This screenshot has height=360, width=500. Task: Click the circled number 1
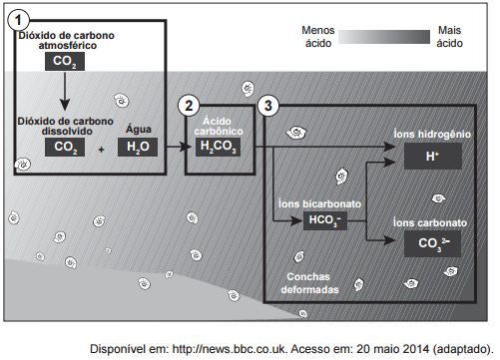[18, 20]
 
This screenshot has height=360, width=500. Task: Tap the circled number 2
[189, 106]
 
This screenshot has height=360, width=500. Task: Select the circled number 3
[268, 106]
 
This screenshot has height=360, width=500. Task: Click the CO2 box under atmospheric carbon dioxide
[65, 62]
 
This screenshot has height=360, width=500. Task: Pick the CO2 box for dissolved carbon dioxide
[65, 147]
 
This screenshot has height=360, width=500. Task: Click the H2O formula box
[138, 147]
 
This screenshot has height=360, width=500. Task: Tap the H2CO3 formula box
[218, 147]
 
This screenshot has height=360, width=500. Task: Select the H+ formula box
[433, 157]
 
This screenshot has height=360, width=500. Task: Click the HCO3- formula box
[325, 220]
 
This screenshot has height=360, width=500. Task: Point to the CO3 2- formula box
[432, 243]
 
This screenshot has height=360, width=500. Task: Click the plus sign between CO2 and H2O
[101, 150]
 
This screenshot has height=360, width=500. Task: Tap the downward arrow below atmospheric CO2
[65, 91]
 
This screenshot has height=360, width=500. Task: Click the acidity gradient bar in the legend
[384, 37]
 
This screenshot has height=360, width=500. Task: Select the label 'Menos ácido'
[318, 37]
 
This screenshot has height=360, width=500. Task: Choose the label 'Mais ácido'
[449, 37]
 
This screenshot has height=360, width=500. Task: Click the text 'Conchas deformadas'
[309, 283]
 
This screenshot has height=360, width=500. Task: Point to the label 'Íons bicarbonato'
[319, 203]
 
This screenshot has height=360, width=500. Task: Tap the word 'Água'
[139, 129]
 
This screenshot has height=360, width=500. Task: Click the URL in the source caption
[230, 349]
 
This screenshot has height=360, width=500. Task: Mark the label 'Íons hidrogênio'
[432, 134]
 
